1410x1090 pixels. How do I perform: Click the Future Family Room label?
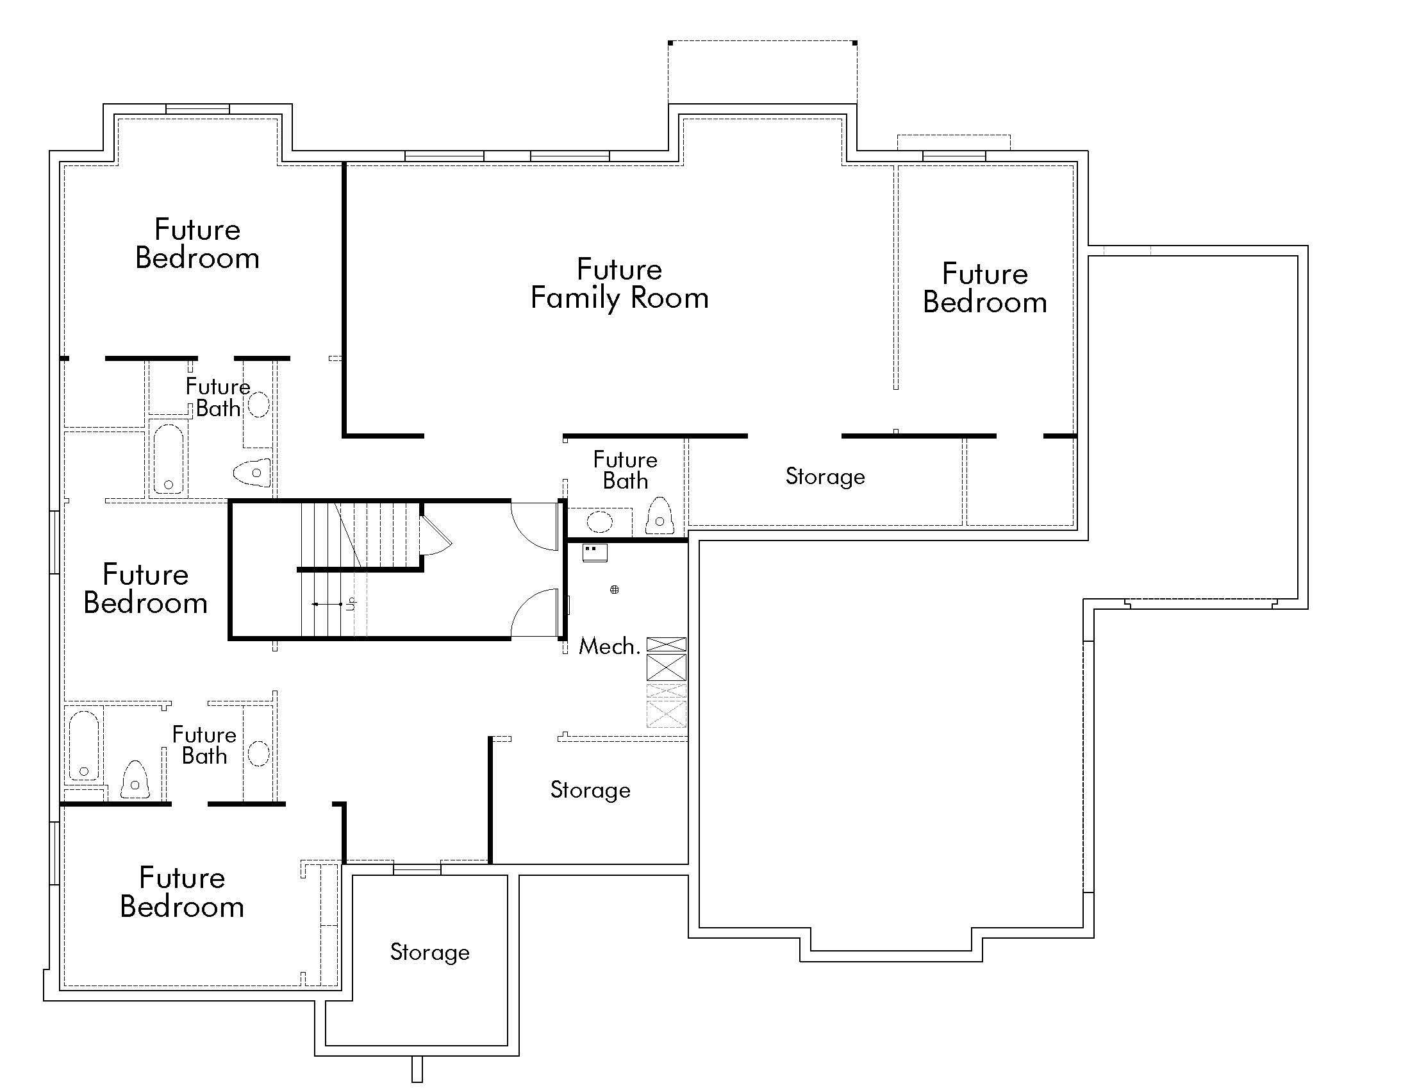pyautogui.click(x=619, y=284)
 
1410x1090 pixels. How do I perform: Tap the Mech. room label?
pyautogui.click(x=609, y=646)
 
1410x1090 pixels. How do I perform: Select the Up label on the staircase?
pyautogui.click(x=351, y=604)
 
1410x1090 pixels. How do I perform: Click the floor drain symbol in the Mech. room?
pyautogui.click(x=615, y=589)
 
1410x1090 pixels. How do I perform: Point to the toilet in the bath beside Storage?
pyautogui.click(x=659, y=516)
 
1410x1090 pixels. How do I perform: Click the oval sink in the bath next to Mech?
pyautogui.click(x=600, y=521)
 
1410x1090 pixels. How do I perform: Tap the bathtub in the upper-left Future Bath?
pyautogui.click(x=169, y=459)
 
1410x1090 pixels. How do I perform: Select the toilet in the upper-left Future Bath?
pyautogui.click(x=252, y=473)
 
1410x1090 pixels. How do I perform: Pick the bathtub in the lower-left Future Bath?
pyautogui.click(x=84, y=745)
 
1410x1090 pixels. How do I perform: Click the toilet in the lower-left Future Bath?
pyautogui.click(x=135, y=780)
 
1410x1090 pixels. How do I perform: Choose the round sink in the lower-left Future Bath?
pyautogui.click(x=259, y=753)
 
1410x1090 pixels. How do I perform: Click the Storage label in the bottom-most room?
pyautogui.click(x=430, y=952)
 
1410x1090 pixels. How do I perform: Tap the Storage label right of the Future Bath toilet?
pyautogui.click(x=825, y=476)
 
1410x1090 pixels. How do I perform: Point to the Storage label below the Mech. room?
pyautogui.click(x=590, y=791)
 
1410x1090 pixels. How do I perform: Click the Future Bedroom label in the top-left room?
pyautogui.click(x=197, y=244)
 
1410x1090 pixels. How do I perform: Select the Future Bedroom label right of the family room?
pyautogui.click(x=984, y=288)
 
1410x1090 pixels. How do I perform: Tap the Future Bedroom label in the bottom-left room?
pyautogui.click(x=182, y=892)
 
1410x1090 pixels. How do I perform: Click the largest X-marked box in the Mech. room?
pyautogui.click(x=667, y=667)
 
